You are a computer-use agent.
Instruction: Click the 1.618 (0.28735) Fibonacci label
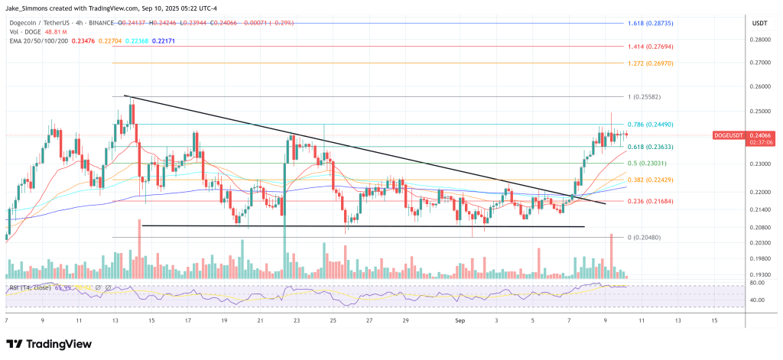click(x=651, y=24)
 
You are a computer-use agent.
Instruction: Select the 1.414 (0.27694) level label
click(x=651, y=47)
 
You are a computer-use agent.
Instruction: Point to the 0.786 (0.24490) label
click(x=651, y=125)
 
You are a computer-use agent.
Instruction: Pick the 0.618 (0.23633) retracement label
click(x=651, y=146)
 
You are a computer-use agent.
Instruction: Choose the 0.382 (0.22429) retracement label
click(x=651, y=180)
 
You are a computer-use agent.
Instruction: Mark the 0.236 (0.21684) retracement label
click(x=651, y=201)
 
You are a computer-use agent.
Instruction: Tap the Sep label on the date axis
click(x=460, y=320)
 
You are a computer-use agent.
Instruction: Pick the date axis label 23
click(x=297, y=320)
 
